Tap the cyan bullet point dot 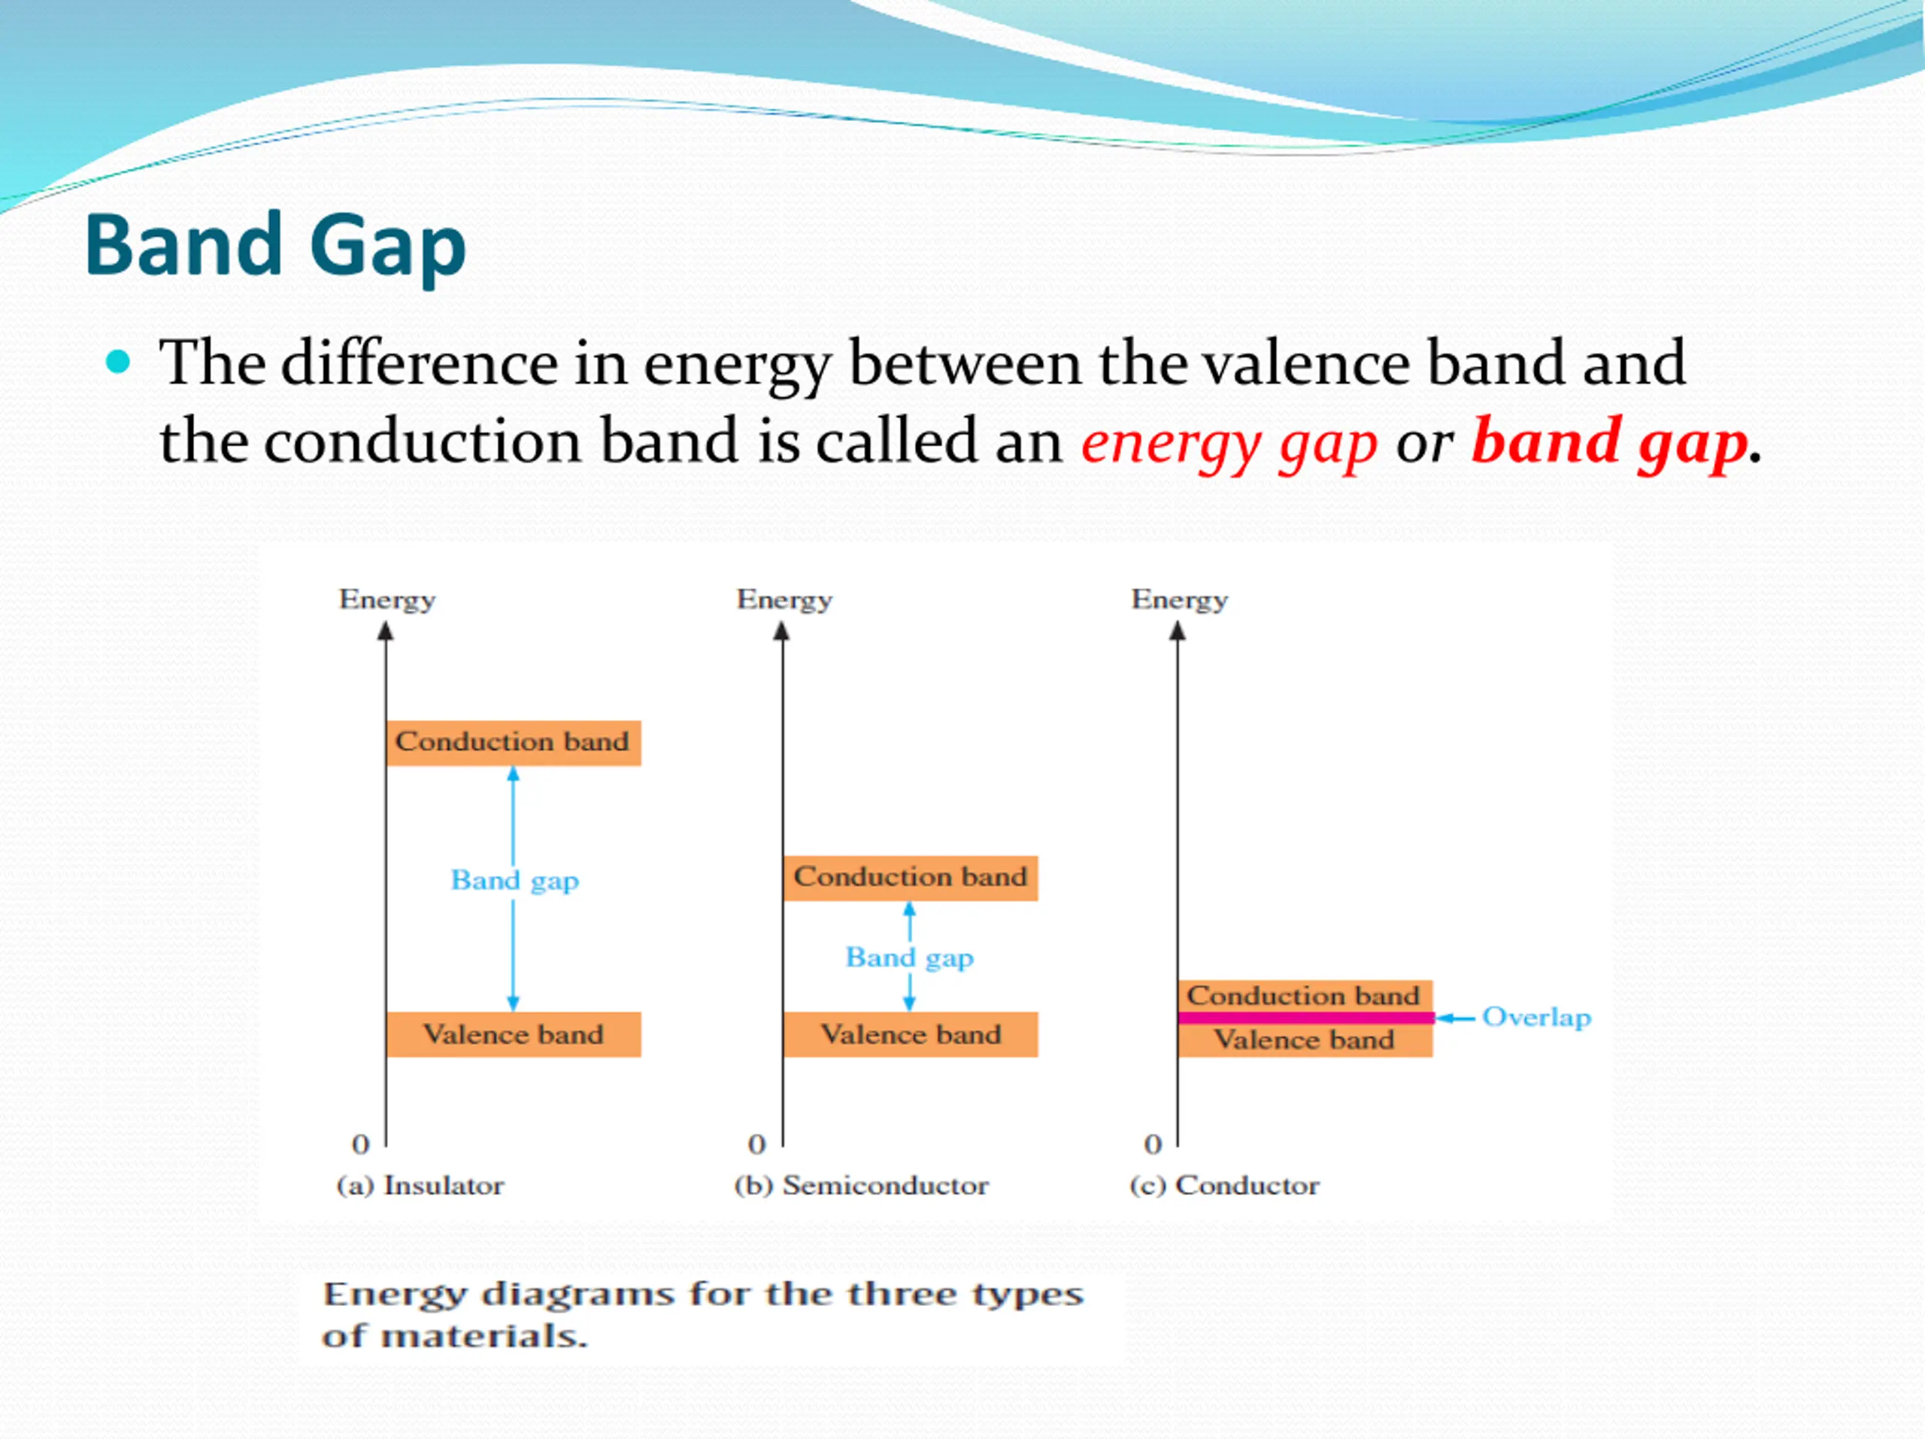(117, 361)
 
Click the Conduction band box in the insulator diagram (514, 742)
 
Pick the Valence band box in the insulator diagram (514, 1034)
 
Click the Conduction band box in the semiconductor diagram (911, 878)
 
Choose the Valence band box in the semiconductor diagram (911, 1034)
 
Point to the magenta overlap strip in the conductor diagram (1305, 1018)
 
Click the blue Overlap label (1536, 1018)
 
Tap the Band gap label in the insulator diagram (514, 881)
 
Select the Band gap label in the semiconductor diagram (909, 958)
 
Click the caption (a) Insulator (420, 1186)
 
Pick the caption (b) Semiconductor (861, 1186)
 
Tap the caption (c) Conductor (1224, 1186)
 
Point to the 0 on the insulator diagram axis (360, 1144)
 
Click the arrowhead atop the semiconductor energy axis (781, 631)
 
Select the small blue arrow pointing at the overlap (1455, 1018)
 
